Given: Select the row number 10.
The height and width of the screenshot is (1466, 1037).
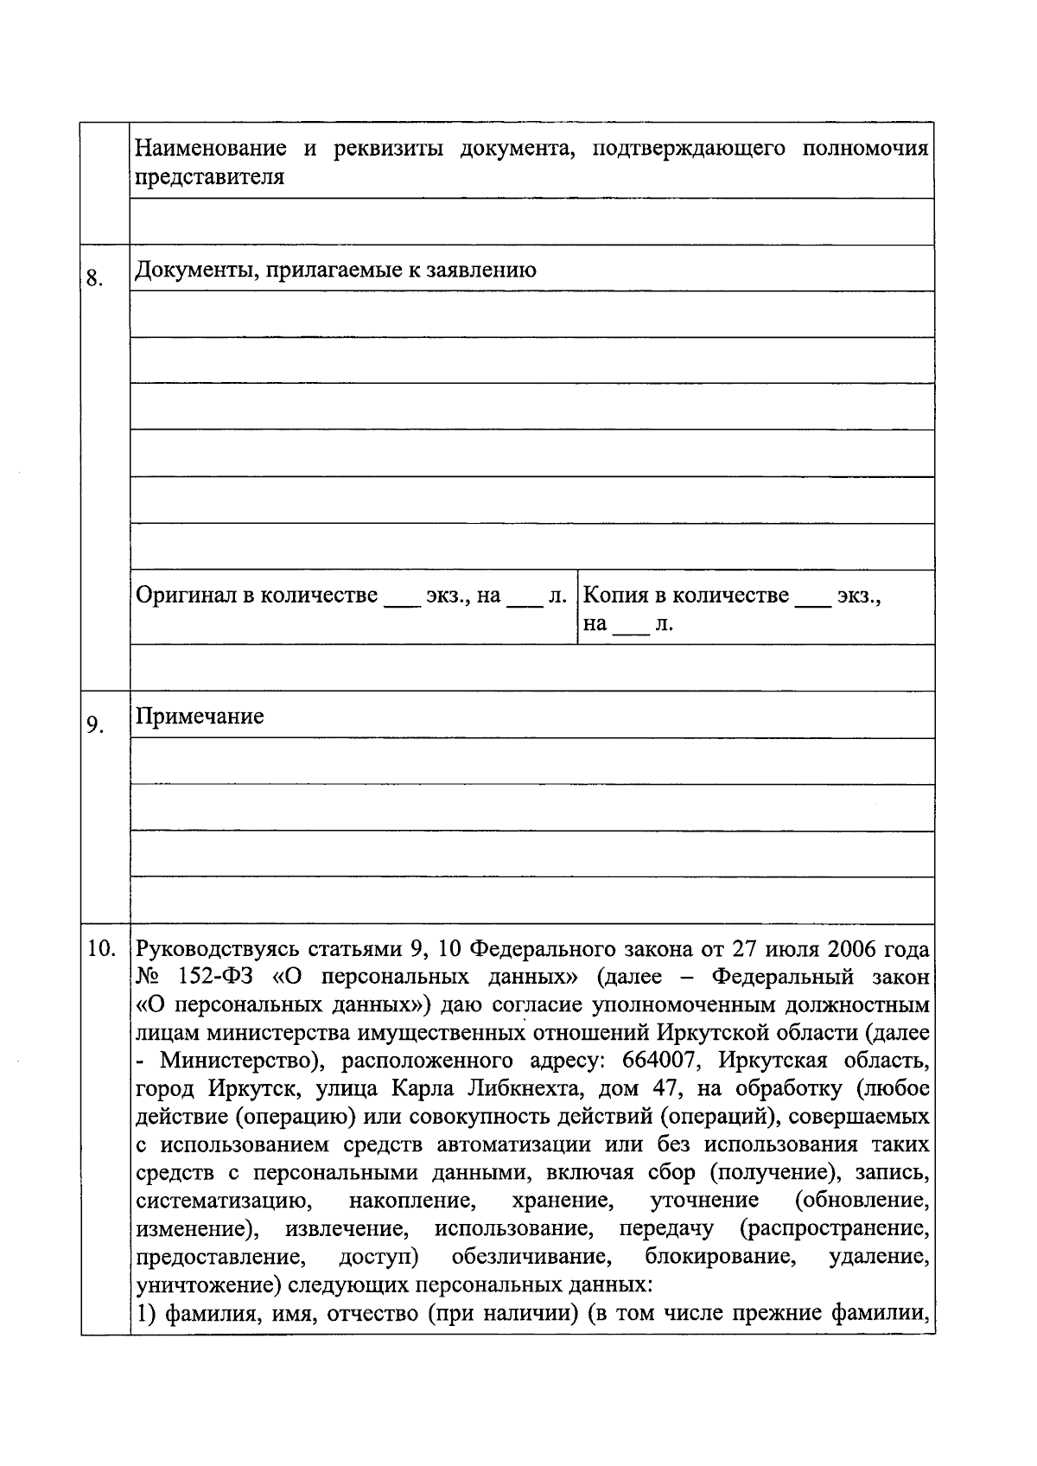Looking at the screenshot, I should pyautogui.click(x=102, y=949).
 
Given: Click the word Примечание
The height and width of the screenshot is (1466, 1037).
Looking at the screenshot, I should pyautogui.click(x=200, y=717).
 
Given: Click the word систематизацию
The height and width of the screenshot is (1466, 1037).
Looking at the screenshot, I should pyautogui.click(x=219, y=1201).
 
